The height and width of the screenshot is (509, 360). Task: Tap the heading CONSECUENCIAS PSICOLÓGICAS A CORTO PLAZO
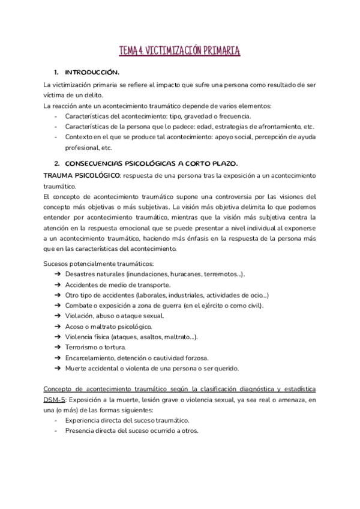[x=151, y=163]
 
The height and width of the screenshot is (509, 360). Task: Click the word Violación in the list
[x=79, y=316]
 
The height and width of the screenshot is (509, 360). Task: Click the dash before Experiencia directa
[x=56, y=420]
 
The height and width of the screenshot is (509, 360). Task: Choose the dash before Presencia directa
[x=56, y=431]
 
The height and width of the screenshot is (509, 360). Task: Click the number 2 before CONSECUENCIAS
[x=56, y=163]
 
